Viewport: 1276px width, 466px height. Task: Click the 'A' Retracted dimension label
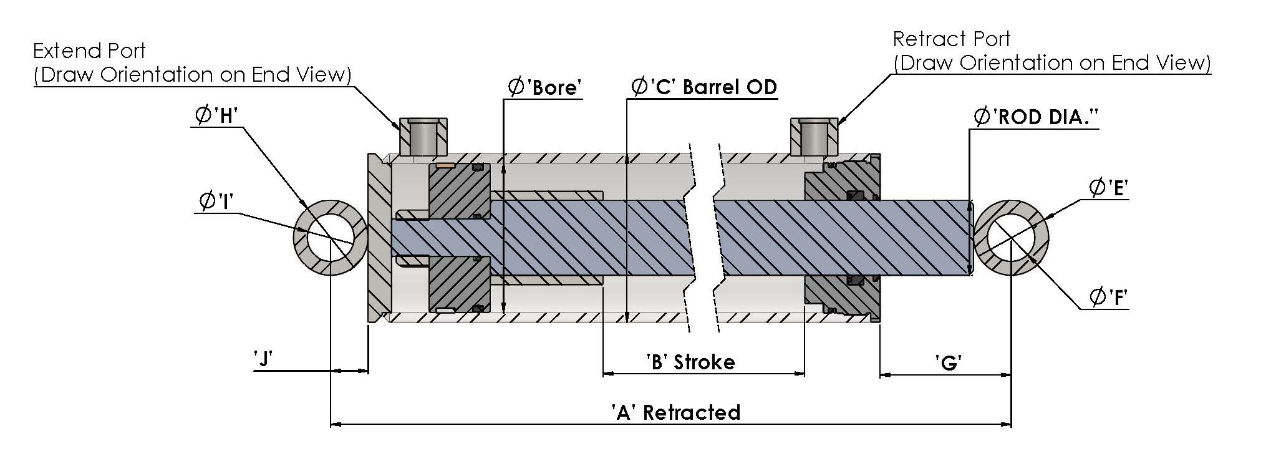click(x=676, y=412)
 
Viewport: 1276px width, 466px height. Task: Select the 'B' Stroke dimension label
click(x=690, y=362)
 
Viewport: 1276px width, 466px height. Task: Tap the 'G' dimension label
click(x=949, y=362)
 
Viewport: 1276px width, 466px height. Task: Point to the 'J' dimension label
click(x=263, y=359)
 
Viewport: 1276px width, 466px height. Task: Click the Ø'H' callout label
click(x=216, y=115)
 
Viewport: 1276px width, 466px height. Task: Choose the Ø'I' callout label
click(x=216, y=201)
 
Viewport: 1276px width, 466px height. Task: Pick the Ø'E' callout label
click(x=1109, y=187)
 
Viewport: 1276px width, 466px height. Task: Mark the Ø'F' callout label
click(x=1109, y=297)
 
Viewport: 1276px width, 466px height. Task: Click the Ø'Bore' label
click(x=544, y=87)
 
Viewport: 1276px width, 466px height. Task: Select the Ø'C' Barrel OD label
click(x=704, y=87)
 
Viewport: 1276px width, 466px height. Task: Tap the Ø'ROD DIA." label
click(x=1036, y=117)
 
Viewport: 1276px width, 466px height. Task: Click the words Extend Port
click(x=89, y=51)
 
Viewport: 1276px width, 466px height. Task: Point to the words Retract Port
click(x=952, y=39)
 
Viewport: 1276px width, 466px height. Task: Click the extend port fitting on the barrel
click(x=423, y=137)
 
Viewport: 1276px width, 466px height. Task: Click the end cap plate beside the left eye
click(x=379, y=238)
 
